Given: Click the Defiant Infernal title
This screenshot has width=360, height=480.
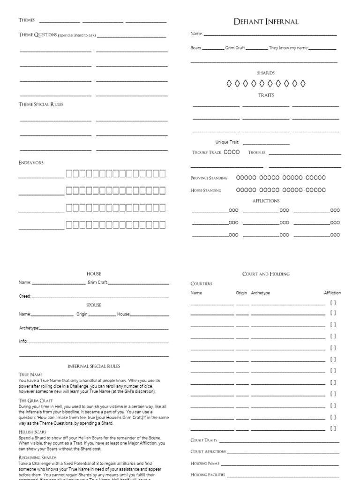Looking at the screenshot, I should (x=266, y=22).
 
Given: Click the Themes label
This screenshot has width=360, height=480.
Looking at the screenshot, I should (x=27, y=20).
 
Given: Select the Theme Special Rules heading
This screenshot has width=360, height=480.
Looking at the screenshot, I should (x=41, y=104).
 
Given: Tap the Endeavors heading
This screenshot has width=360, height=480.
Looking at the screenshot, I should (x=31, y=162).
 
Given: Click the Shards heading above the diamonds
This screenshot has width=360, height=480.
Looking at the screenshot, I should (x=266, y=73).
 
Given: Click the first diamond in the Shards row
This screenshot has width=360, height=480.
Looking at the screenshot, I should (x=229, y=83).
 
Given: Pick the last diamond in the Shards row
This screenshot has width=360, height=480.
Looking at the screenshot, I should (x=303, y=83).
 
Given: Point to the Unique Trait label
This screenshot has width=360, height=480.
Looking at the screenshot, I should (x=227, y=142).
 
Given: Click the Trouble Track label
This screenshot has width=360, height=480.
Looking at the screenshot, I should (x=207, y=152).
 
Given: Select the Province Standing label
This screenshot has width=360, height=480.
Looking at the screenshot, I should (x=209, y=178).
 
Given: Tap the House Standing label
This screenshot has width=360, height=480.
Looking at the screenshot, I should (x=206, y=190).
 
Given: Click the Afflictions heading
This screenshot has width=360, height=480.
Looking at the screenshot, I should (x=266, y=201).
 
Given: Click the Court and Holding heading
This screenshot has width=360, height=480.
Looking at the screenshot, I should (x=266, y=274).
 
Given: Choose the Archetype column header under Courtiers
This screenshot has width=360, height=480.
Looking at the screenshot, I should (x=261, y=293).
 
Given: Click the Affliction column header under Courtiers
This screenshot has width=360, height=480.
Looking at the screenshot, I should (x=332, y=293).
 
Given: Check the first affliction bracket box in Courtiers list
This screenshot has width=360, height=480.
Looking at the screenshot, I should (x=333, y=302).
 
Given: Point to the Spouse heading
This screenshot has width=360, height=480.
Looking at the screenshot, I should (x=94, y=305).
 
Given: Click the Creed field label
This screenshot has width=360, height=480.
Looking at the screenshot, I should (x=25, y=296).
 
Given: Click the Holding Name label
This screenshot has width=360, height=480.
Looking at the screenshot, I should (x=205, y=464).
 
